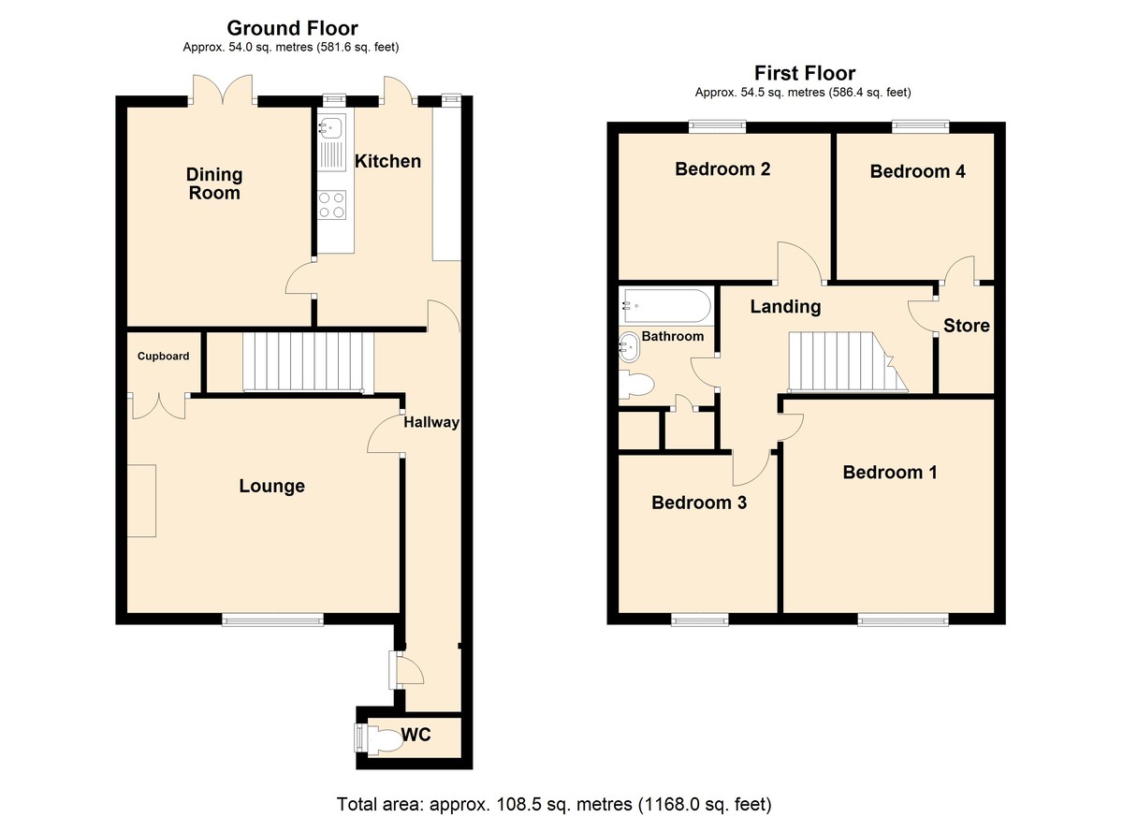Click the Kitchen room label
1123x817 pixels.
[387, 161]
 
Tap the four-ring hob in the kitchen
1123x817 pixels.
[332, 205]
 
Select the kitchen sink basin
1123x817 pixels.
[329, 125]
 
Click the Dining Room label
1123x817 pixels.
[214, 183]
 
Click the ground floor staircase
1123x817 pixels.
[308, 361]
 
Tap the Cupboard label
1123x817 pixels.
[164, 356]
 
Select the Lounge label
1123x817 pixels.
[271, 486]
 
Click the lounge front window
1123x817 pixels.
[272, 620]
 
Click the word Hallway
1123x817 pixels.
[431, 422]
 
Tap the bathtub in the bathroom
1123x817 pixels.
[665, 305]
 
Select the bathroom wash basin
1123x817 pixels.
[629, 347]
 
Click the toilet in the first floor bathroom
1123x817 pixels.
[636, 385]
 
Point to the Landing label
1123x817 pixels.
[785, 306]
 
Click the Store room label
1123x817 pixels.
[966, 326]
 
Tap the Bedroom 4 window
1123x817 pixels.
[921, 127]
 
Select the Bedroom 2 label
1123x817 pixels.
[722, 168]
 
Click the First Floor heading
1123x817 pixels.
[805, 74]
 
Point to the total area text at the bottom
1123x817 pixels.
[554, 805]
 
